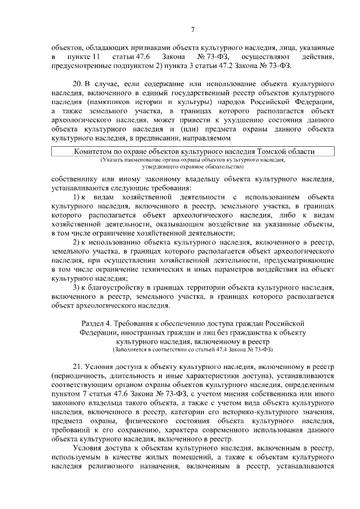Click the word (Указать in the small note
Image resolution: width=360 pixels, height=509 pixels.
click(115, 160)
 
